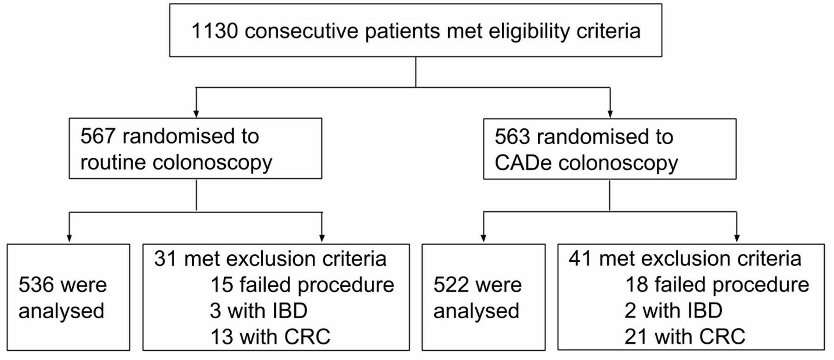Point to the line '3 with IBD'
click(x=259, y=311)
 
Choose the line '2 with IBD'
click(x=673, y=311)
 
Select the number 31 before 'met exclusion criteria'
click(x=165, y=259)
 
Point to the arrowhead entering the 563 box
click(x=610, y=114)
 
